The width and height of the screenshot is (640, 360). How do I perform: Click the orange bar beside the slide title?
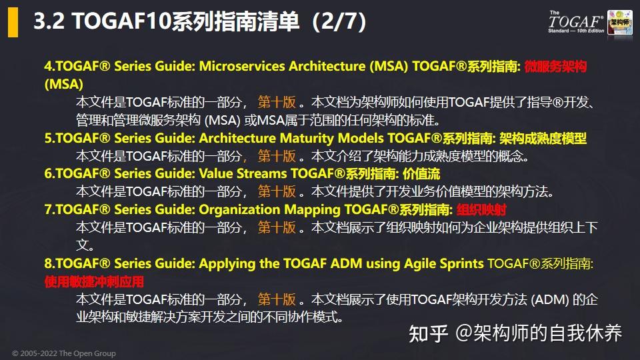pos(13,23)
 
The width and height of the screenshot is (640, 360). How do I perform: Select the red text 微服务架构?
pos(555,67)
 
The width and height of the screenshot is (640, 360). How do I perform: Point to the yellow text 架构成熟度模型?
pos(543,139)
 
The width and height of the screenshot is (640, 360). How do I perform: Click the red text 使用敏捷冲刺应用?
pos(94,281)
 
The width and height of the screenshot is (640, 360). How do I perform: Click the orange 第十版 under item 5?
pos(277,156)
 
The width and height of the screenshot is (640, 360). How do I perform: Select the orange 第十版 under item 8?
pos(277,299)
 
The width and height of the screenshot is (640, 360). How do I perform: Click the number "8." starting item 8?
pos(50,263)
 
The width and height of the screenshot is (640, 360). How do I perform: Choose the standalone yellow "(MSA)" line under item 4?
pos(64,85)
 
